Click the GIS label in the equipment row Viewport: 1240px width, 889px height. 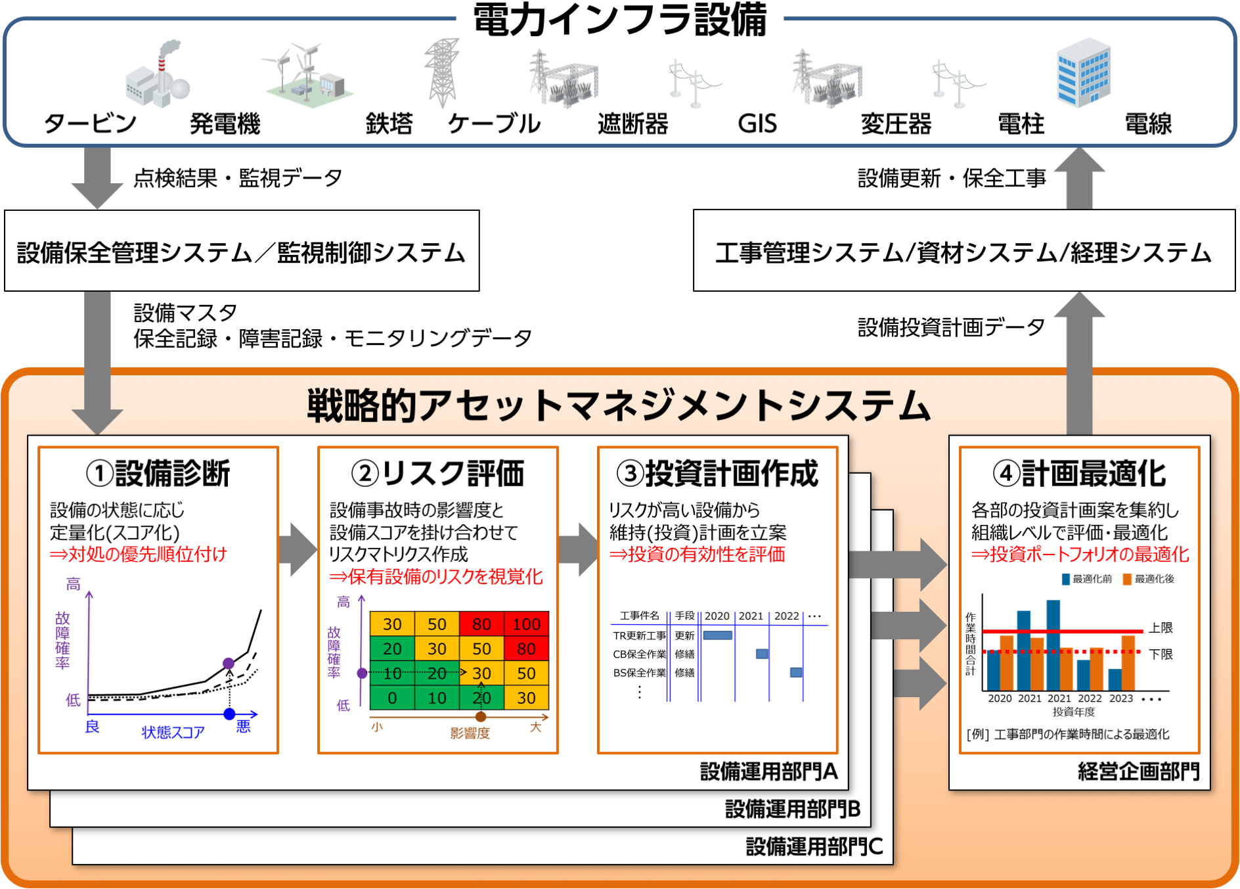pos(757,124)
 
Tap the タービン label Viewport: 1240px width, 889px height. pos(90,124)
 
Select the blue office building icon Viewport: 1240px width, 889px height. pos(1083,73)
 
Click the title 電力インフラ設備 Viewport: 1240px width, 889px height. pos(619,20)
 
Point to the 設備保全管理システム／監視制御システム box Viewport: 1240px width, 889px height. pos(242,251)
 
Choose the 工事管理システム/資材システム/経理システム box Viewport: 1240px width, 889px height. pos(963,251)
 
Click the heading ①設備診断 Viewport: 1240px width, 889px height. pos(158,473)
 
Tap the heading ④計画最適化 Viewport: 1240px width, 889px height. pos(1079,473)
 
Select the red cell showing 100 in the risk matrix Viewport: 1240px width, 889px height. pos(526,624)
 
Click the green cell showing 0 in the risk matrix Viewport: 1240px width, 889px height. pos(392,698)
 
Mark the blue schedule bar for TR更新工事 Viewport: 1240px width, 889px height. pos(717,635)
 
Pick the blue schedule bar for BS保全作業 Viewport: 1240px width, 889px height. pos(796,672)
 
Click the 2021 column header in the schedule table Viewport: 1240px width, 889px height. pos(751,616)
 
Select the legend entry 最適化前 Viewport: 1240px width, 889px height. pos(1087,579)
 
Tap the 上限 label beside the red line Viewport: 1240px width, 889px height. pos(1161,627)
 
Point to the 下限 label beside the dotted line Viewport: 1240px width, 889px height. pos(1161,654)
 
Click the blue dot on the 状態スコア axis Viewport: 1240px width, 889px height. pos(229,714)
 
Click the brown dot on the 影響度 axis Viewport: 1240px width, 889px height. pos(481,717)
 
